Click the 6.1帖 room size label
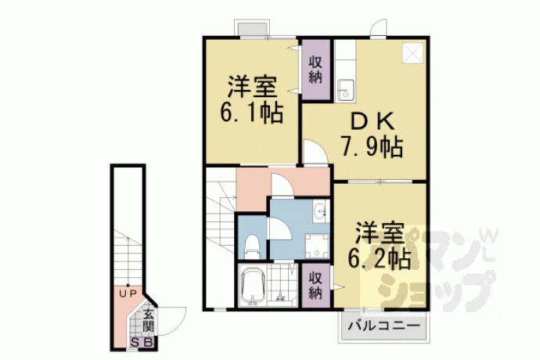[252, 112]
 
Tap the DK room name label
[372, 121]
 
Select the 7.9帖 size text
[372, 147]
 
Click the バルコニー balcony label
[383, 326]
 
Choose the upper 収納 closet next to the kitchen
[315, 70]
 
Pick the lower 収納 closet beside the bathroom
[315, 285]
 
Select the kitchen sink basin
[344, 90]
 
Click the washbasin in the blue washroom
[320, 211]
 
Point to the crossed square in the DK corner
[412, 53]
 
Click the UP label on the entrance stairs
[128, 293]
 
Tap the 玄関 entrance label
[148, 320]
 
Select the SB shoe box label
[142, 343]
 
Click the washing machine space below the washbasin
[317, 246]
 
